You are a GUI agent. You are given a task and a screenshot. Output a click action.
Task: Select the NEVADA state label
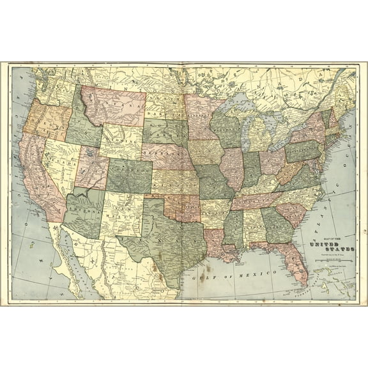pos(57,160)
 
